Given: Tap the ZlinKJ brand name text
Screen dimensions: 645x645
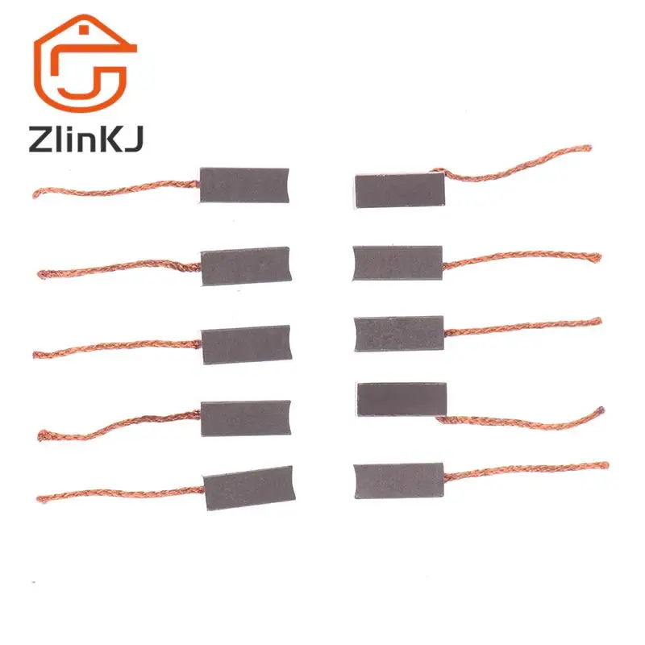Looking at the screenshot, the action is pos(85,139).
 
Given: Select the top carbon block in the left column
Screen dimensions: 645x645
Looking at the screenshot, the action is pos(243,185).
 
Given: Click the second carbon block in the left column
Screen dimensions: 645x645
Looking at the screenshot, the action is pos(245,266).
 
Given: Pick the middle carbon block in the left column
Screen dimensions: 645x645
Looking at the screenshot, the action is pos(246,344).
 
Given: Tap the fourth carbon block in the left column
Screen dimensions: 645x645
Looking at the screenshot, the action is pos(246,418).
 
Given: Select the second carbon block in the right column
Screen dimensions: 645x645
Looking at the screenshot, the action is pos(397,263).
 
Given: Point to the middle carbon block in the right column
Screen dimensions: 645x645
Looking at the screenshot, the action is pos(399,333).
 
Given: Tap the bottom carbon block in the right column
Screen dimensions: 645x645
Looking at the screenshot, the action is pos(398,481).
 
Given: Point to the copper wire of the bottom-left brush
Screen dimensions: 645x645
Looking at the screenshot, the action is pos(121,494).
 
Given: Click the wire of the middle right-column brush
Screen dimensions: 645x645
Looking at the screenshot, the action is pos(524,327).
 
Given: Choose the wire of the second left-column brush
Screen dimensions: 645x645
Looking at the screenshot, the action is pos(121,267).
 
